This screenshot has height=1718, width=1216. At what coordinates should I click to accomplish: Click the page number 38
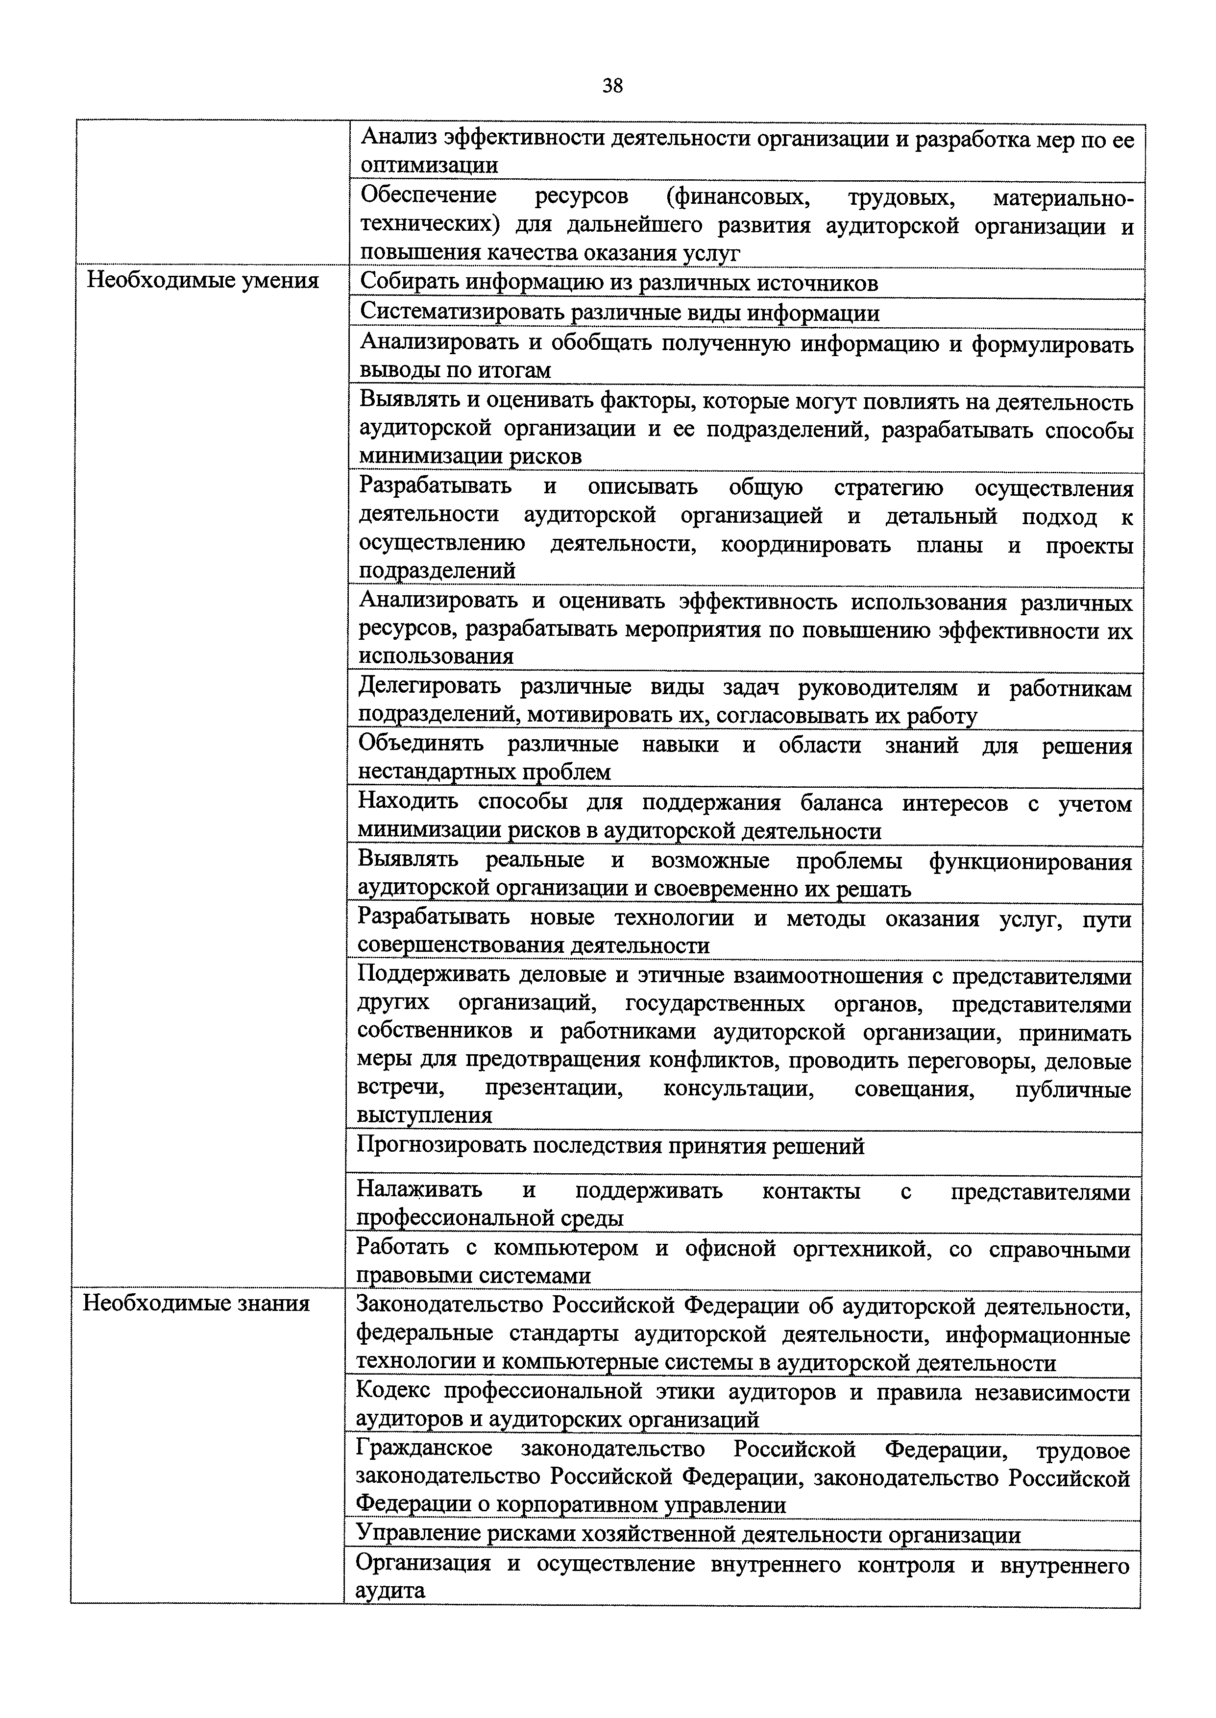[612, 86]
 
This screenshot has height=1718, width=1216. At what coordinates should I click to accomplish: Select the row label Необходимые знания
[196, 1303]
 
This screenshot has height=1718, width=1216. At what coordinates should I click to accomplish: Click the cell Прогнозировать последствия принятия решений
[610, 1146]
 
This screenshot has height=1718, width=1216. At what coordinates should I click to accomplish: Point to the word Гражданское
[424, 1449]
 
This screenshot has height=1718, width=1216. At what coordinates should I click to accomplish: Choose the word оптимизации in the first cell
[429, 166]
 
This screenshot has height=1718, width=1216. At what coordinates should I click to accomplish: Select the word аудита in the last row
[389, 1591]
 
